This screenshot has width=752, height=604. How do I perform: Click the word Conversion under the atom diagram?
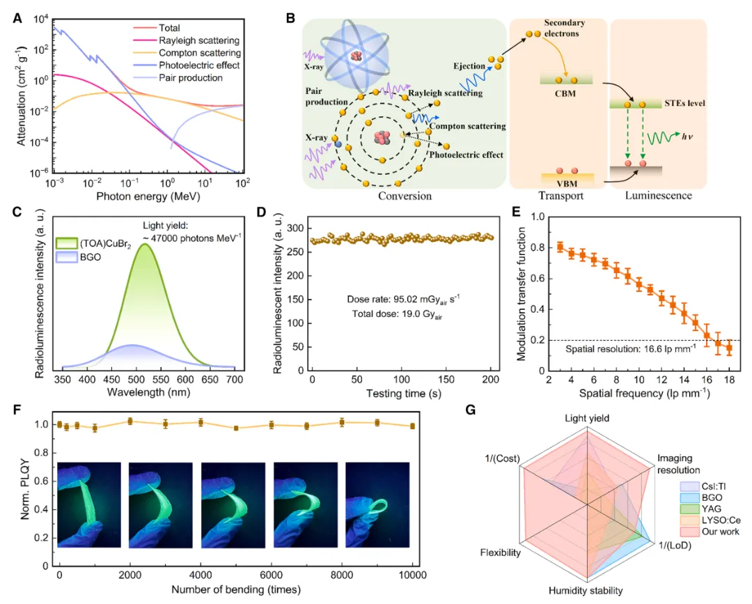pos(406,196)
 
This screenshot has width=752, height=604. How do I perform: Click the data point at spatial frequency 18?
pos(729,348)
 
